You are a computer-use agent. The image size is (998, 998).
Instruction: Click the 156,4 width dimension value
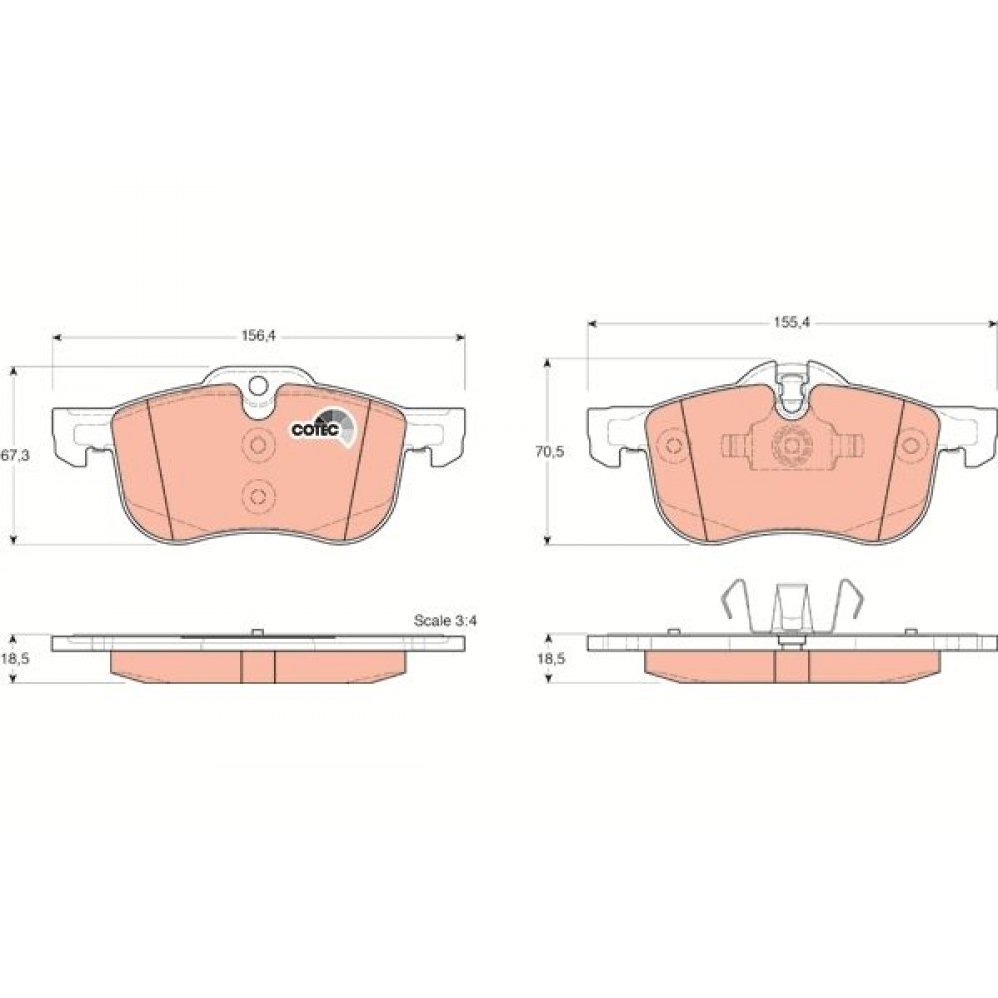pyautogui.click(x=257, y=336)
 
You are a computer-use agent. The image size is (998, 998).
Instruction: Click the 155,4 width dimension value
pyautogui.click(x=791, y=322)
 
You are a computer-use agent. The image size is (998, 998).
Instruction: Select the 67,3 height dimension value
pyautogui.click(x=14, y=455)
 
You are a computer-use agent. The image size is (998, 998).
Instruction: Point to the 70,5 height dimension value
pyautogui.click(x=550, y=452)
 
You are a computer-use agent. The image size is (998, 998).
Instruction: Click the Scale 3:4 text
pyautogui.click(x=445, y=620)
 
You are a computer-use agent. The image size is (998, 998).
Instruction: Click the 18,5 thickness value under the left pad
pyautogui.click(x=15, y=659)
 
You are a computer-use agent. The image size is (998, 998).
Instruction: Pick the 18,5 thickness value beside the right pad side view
pyautogui.click(x=551, y=659)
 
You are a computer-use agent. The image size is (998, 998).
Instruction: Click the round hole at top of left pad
pyautogui.click(x=258, y=385)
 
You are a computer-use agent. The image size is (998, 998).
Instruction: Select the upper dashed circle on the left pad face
pyautogui.click(x=258, y=445)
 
